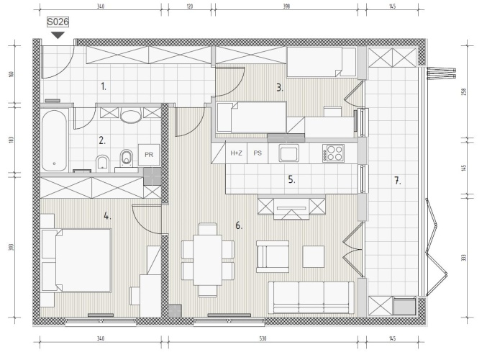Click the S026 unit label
click(58, 22)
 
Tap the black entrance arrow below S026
click(58, 35)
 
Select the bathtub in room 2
click(55, 140)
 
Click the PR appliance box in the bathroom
click(149, 155)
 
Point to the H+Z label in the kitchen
click(236, 153)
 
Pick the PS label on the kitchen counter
click(258, 153)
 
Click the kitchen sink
click(288, 153)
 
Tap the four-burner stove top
click(333, 153)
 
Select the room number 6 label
click(239, 225)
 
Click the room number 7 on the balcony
click(398, 180)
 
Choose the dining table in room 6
click(207, 260)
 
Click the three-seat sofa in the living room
click(311, 297)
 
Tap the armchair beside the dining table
click(273, 256)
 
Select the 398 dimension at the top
click(286, 6)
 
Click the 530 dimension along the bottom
click(263, 338)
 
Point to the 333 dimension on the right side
click(464, 258)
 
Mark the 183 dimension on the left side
click(12, 140)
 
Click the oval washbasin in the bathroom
click(131, 116)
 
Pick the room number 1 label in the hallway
click(104, 86)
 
